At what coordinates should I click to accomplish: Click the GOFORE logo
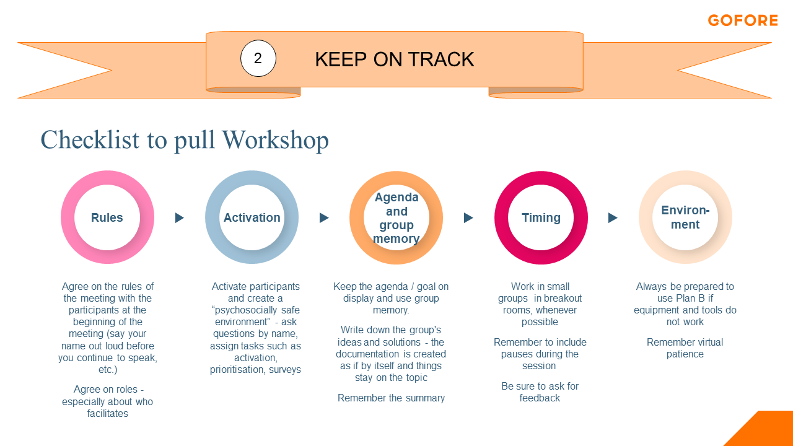tap(743, 20)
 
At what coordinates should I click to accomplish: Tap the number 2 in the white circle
tap(258, 58)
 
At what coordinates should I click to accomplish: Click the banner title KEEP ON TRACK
tap(395, 59)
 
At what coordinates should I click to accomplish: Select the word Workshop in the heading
tap(276, 140)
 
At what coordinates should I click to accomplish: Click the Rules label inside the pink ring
tap(107, 217)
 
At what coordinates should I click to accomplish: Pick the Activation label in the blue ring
tap(252, 217)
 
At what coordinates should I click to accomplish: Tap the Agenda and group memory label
tap(396, 217)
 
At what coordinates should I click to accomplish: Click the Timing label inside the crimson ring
tap(541, 217)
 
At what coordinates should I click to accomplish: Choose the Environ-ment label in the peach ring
tap(685, 217)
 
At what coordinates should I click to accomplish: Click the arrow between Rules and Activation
tap(179, 217)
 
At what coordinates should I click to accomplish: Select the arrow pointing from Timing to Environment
tap(613, 217)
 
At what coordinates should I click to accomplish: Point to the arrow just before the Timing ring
tap(468, 217)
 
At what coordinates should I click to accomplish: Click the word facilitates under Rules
tap(108, 413)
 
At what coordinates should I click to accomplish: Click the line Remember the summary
tap(391, 398)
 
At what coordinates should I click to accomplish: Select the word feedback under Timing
tap(540, 398)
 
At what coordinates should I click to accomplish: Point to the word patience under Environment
tap(685, 354)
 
